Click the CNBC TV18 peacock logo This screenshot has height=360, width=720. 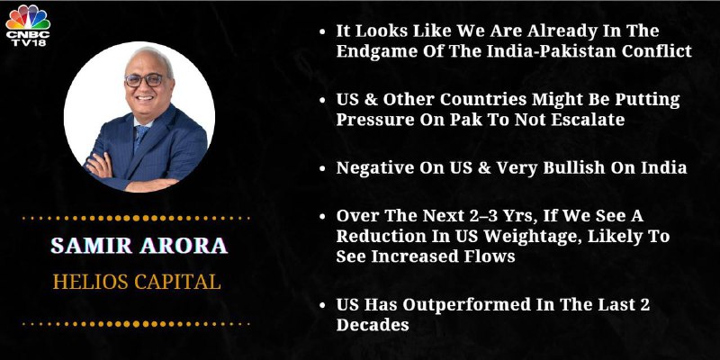click(28, 25)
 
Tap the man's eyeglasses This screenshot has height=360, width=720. click(144, 80)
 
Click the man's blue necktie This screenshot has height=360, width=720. click(140, 137)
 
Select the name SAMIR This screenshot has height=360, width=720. click(92, 246)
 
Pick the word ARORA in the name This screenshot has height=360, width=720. click(184, 246)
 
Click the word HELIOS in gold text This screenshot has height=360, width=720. click(89, 282)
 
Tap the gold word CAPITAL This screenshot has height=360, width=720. click(176, 282)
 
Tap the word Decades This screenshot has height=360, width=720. click(373, 325)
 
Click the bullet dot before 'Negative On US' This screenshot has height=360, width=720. click(322, 168)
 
